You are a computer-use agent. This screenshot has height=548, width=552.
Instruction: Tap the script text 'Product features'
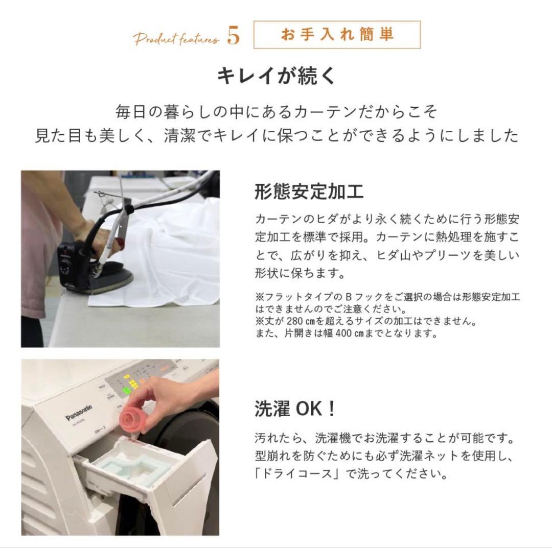point(176,39)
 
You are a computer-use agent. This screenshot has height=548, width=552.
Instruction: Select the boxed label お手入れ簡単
point(337,35)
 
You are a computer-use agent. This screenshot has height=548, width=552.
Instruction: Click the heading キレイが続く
point(276,76)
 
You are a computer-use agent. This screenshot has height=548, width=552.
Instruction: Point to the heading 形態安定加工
point(309,192)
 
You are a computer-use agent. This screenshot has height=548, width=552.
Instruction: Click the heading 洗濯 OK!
point(295,409)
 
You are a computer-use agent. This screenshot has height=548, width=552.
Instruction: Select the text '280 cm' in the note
point(299,322)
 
